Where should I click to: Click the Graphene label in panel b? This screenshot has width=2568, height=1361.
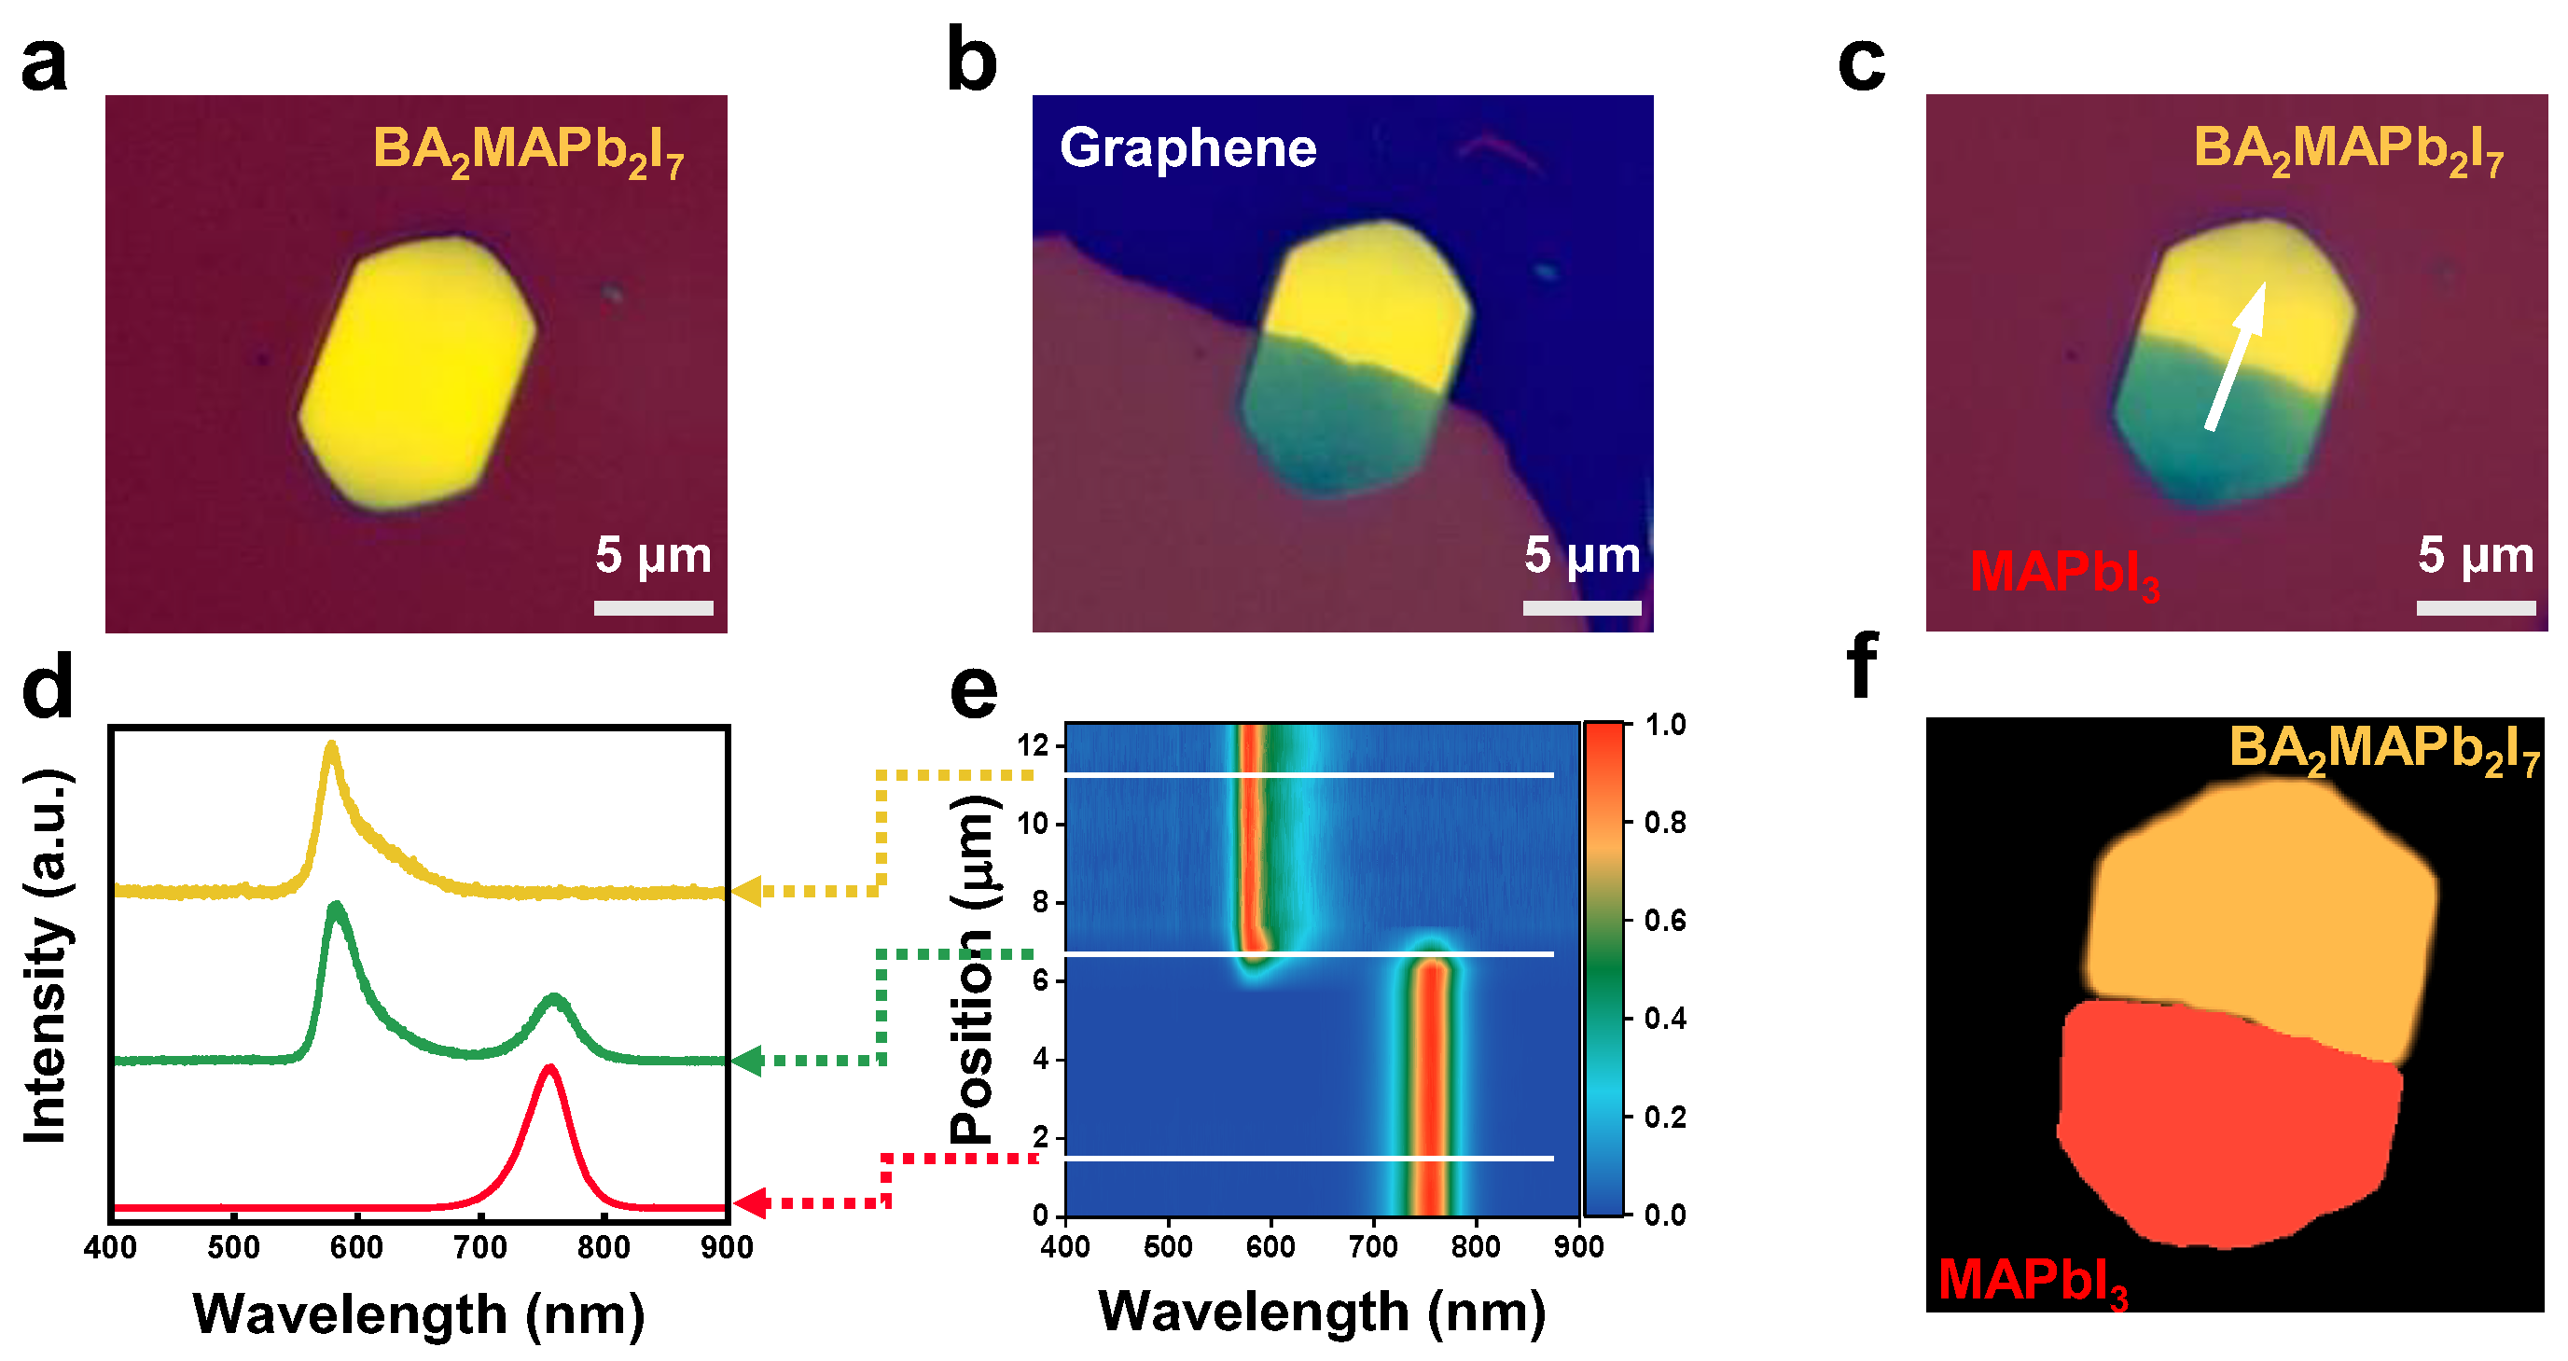pos(1187,147)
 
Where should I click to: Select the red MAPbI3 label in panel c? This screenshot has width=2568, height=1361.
pos(2063,574)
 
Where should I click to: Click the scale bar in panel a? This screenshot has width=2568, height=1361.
pos(653,607)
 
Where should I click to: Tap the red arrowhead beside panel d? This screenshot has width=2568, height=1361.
pos(749,1202)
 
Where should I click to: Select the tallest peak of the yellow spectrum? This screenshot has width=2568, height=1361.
pos(331,743)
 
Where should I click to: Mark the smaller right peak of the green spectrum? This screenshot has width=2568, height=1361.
pos(554,997)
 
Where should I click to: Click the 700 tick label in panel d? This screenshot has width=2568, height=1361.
pos(480,1247)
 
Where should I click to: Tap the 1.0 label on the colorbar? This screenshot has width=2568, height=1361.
pos(1665,725)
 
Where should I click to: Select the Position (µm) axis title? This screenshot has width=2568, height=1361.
pos(972,967)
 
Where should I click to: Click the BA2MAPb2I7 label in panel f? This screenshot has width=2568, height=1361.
pos(2383,748)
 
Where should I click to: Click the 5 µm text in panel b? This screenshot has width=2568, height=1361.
pos(1581,554)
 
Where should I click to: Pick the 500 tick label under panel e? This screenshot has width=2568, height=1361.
pos(1167,1246)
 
